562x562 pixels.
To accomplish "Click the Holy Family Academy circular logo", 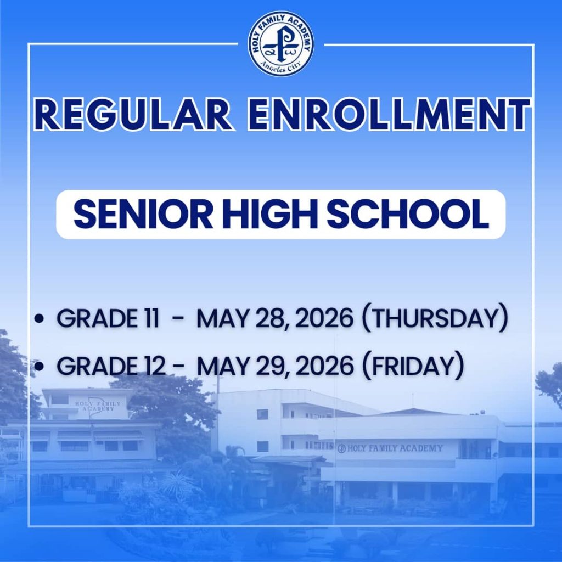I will [x=281, y=43].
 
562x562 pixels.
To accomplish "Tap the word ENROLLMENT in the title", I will [x=389, y=114].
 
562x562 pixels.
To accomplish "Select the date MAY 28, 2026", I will [x=274, y=319].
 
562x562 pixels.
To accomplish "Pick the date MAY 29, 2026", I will [x=275, y=366].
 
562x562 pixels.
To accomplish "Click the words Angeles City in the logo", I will [x=281, y=69].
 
